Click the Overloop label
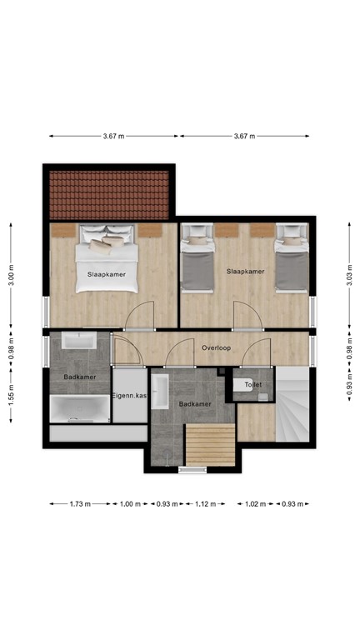(x=216, y=347)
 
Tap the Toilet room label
(x=252, y=385)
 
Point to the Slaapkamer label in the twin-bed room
(x=246, y=272)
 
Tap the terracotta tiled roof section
(x=109, y=192)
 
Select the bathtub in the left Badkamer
(x=79, y=410)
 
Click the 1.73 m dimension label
(x=78, y=503)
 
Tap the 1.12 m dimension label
(x=205, y=503)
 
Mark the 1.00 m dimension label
(x=129, y=503)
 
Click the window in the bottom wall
(x=192, y=469)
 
